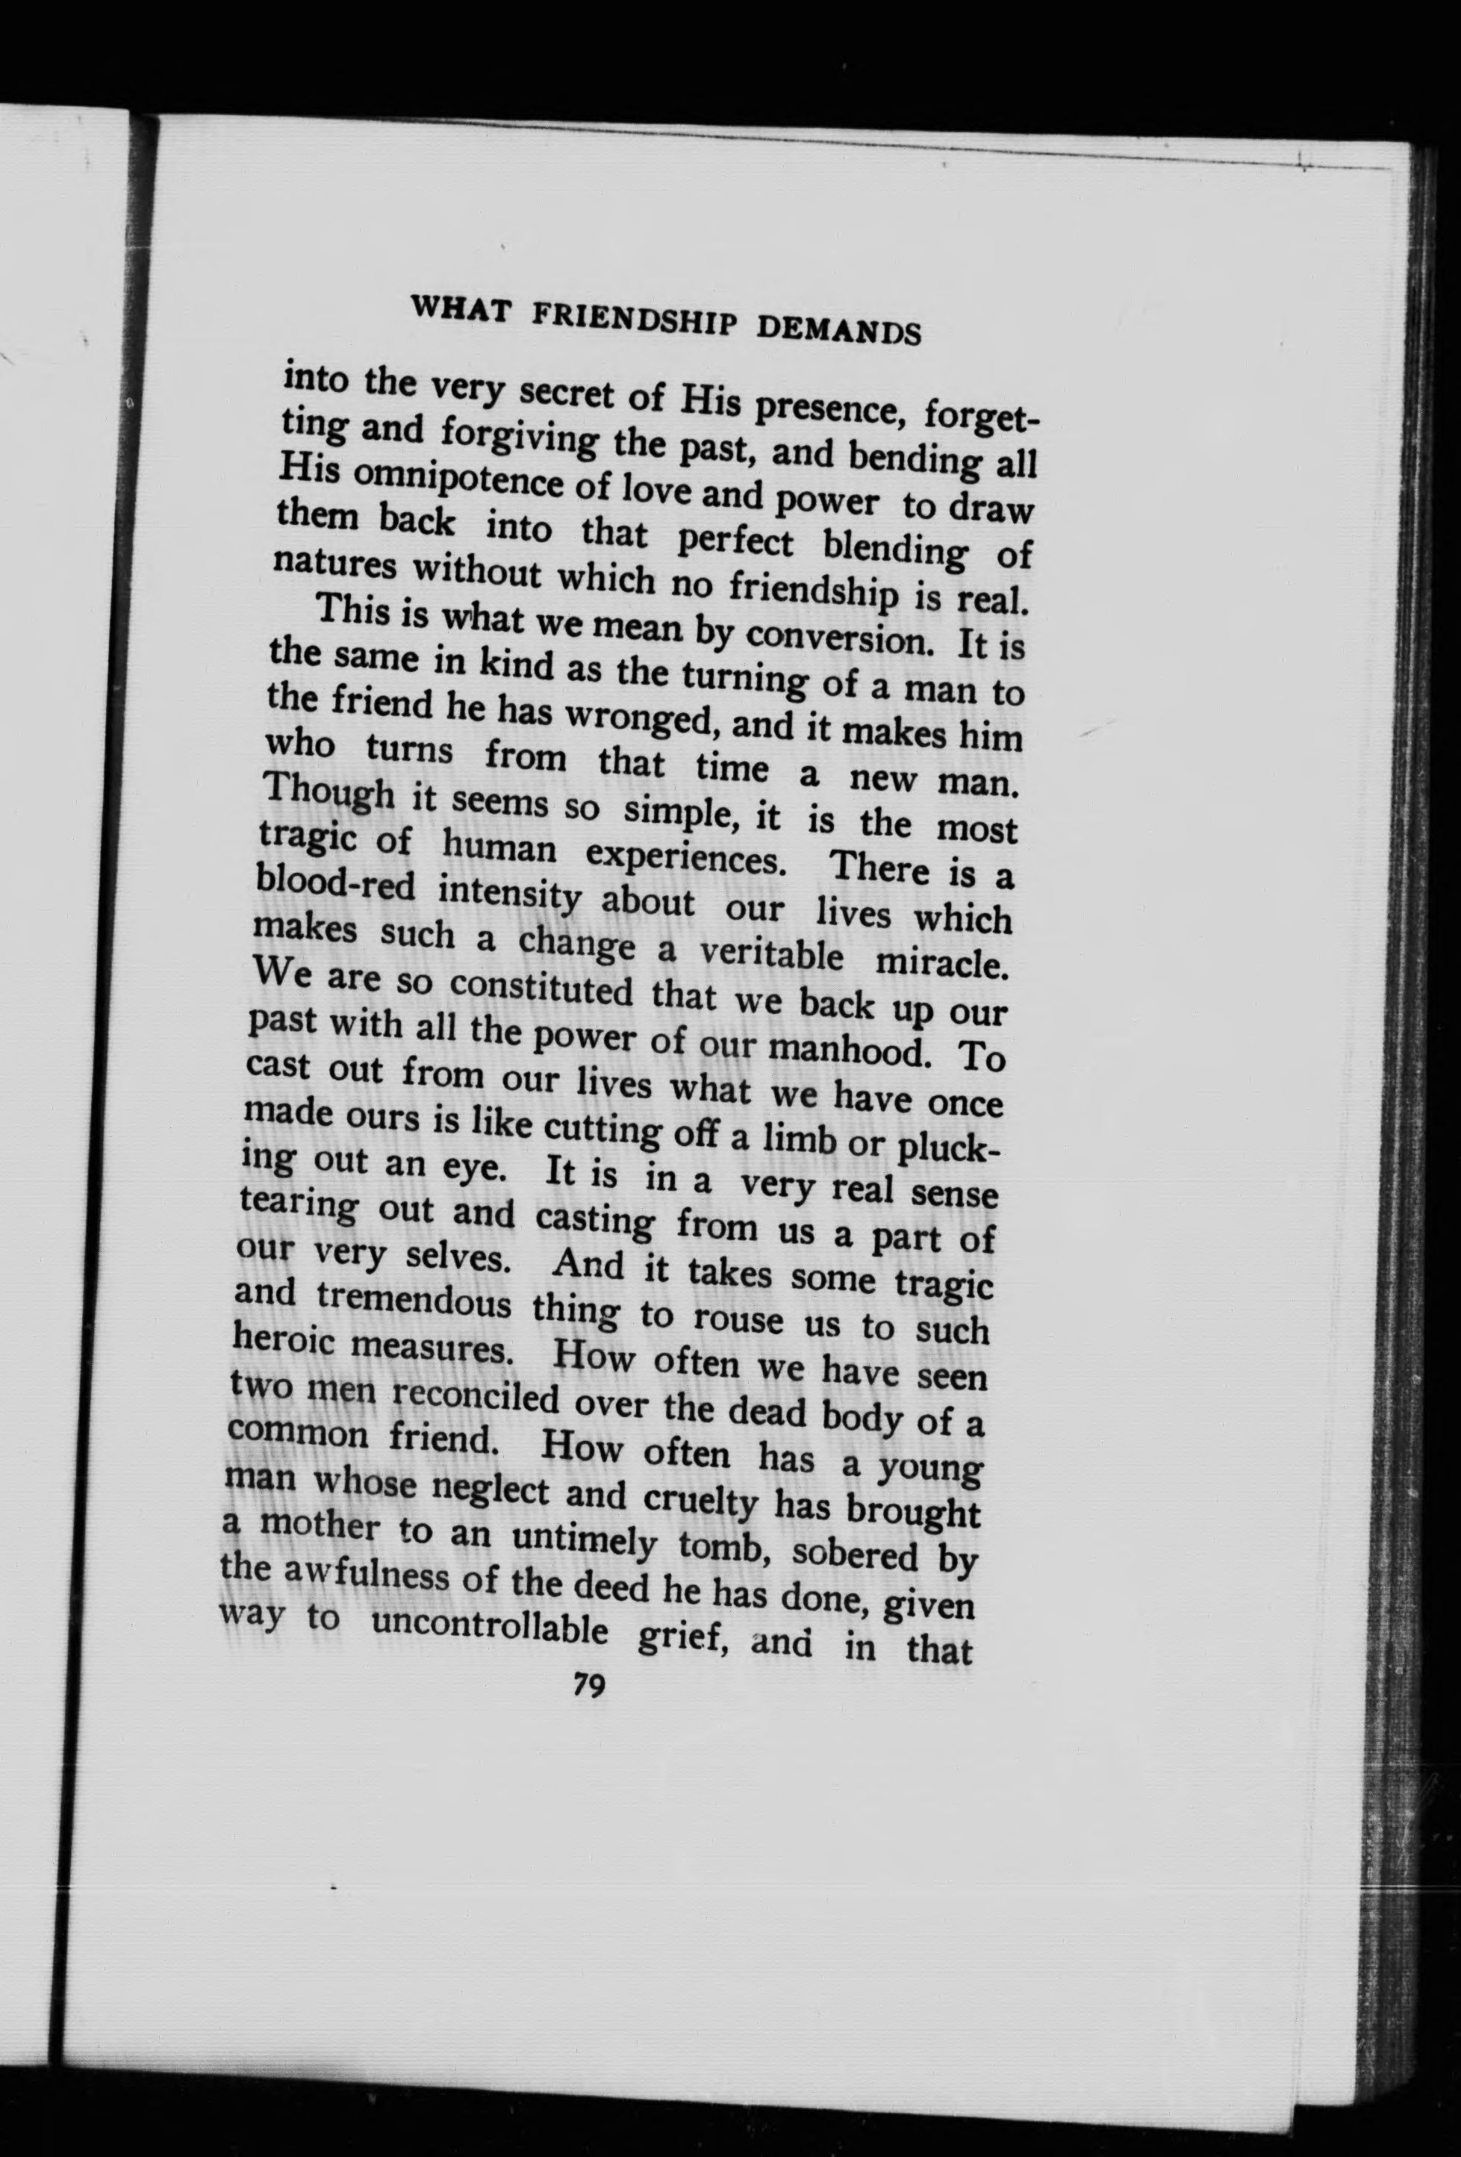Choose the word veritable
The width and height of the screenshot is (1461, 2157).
click(770, 953)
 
